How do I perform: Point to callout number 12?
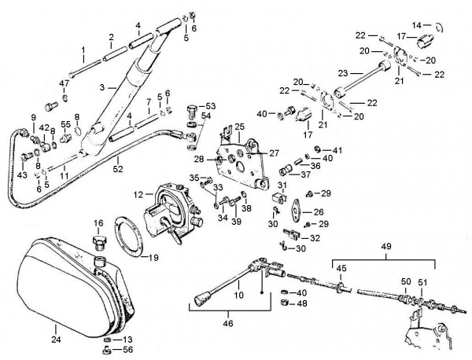tap(138, 194)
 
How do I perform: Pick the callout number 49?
tap(385, 245)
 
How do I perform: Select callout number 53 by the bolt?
tap(210, 105)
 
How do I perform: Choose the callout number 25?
tap(239, 126)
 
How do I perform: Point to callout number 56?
tap(128, 350)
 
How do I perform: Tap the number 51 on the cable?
tap(422, 282)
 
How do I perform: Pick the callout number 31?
tap(280, 185)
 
